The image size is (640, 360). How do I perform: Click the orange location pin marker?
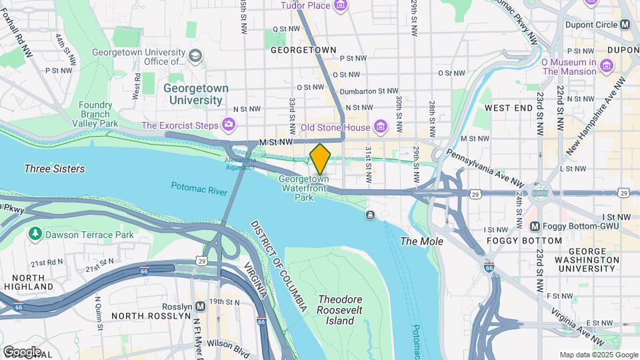pos(320,158)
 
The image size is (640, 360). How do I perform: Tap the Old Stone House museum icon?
pos(381,127)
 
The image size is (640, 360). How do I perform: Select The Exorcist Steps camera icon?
pos(229,125)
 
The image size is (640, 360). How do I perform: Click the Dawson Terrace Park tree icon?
pos(34,234)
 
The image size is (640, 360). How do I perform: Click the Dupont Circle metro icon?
pos(625,24)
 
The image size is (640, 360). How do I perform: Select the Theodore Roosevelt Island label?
pos(335,310)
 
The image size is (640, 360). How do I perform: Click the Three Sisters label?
pos(55,169)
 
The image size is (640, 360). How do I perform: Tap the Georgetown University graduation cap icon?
pos(195,55)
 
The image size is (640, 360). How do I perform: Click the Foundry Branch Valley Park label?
pos(95,114)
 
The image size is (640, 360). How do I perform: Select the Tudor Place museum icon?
pos(341,6)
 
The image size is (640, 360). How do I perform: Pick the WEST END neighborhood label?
pos(508,107)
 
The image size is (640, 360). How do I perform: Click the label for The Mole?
pos(421,241)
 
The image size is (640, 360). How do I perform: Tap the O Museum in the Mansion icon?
pos(606,65)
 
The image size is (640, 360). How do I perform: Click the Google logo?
pos(21,351)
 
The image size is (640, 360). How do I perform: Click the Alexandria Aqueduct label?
pos(239,164)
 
